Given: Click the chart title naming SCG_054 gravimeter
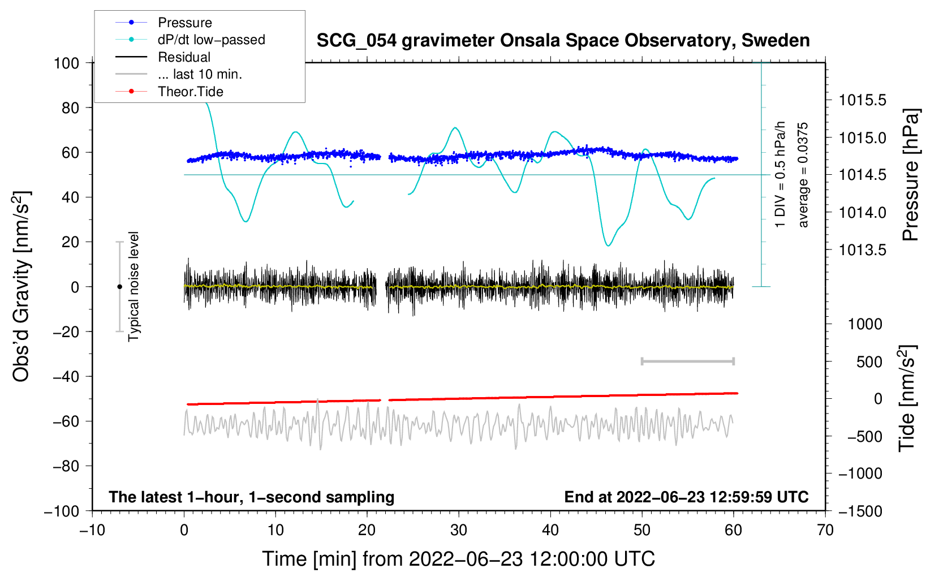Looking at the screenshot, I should [x=563, y=41].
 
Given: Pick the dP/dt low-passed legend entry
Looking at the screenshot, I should [x=211, y=40].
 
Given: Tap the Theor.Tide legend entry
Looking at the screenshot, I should [x=190, y=92].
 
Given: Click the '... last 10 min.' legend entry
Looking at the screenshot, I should [x=200, y=74].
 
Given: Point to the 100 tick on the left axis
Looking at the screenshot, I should [x=67, y=63].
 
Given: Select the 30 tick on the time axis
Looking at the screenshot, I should [x=459, y=531].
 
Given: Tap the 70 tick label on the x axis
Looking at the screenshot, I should [x=825, y=531].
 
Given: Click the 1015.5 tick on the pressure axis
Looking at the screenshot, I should [x=862, y=101].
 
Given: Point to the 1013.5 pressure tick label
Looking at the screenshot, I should [x=862, y=250].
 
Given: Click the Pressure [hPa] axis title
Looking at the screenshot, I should [x=911, y=175].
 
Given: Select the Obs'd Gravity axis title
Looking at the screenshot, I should [x=21, y=287].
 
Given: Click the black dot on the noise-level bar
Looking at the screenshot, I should [x=119, y=287].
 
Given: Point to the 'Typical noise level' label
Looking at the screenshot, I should [x=133, y=287].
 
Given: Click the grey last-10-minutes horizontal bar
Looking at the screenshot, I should [x=687, y=361].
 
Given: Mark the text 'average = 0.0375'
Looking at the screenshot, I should [x=803, y=175].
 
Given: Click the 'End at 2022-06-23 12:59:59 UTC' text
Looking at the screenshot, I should [x=686, y=497].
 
